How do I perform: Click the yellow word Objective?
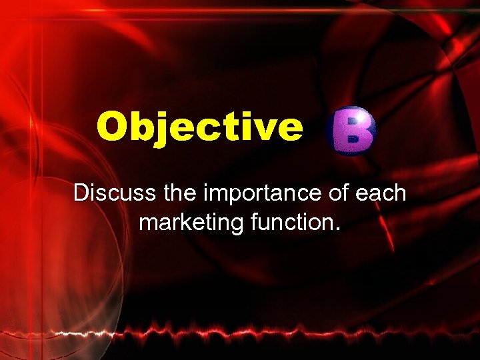tap(199, 127)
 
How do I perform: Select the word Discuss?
tap(113, 193)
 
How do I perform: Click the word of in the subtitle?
tap(338, 193)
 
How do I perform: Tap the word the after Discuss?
tap(175, 193)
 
